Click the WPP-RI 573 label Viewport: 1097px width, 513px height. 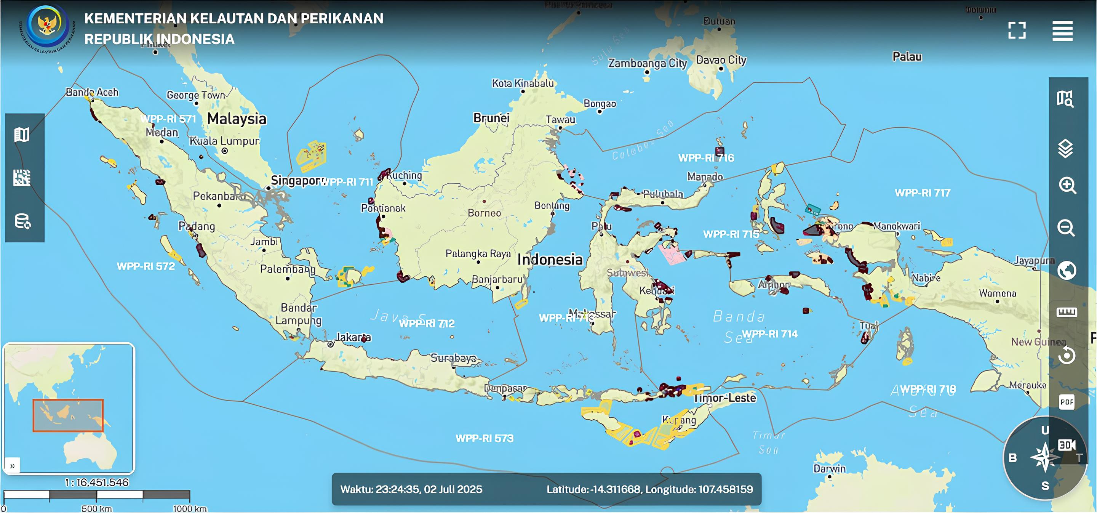pos(484,438)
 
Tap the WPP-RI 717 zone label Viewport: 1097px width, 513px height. pos(923,193)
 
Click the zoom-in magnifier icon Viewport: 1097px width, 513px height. pos(1067,186)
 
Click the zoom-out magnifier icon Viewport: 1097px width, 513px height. pos(1067,228)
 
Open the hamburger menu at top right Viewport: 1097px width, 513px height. pos(1062,30)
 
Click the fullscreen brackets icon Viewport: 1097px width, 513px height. pos(1017,30)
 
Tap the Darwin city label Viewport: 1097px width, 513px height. pos(829,469)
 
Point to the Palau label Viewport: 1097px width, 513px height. pos(907,57)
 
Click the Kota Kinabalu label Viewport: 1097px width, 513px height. pos(523,83)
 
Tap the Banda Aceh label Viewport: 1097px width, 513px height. pos(92,92)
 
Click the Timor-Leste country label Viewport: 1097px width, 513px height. pos(725,398)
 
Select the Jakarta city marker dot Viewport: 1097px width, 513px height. pos(331,344)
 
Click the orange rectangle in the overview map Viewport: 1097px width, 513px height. pos(68,415)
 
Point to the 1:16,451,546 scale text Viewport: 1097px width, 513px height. pos(97,483)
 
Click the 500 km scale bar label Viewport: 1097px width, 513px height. pos(97,508)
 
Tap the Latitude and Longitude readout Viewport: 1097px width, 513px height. pos(649,489)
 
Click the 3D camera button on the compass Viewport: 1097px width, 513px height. pos(1067,445)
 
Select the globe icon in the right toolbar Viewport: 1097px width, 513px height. pos(1067,271)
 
